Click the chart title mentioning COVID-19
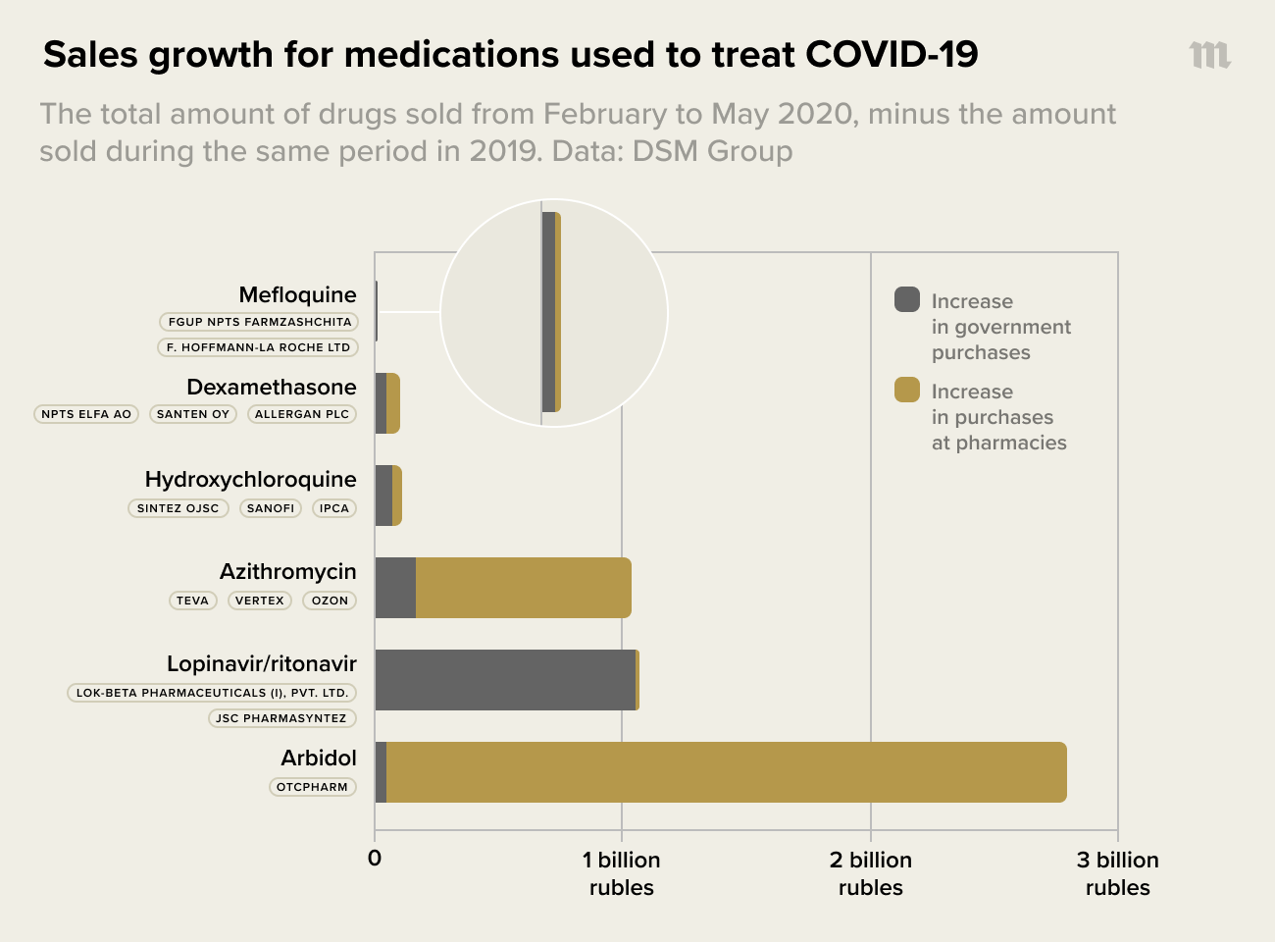[x=510, y=55]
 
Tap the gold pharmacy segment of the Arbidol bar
[x=726, y=772]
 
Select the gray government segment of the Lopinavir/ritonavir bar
[x=505, y=680]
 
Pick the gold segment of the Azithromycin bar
[x=523, y=588]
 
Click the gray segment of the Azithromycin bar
[x=395, y=588]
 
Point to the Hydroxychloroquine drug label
[x=250, y=479]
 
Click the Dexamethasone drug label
[x=272, y=387]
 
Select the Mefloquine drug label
[x=297, y=294]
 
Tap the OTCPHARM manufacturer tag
[x=312, y=787]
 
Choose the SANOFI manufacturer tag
[x=271, y=508]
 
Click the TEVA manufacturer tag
[x=192, y=601]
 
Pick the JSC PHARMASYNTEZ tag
[x=281, y=718]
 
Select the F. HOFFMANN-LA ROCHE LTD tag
[x=258, y=347]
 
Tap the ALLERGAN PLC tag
[x=302, y=414]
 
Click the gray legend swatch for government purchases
[x=907, y=299]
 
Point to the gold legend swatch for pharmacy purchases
[x=907, y=390]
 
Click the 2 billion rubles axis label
[x=870, y=873]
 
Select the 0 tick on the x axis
[x=375, y=859]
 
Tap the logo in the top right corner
[x=1209, y=55]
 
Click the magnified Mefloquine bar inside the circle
[x=550, y=312]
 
